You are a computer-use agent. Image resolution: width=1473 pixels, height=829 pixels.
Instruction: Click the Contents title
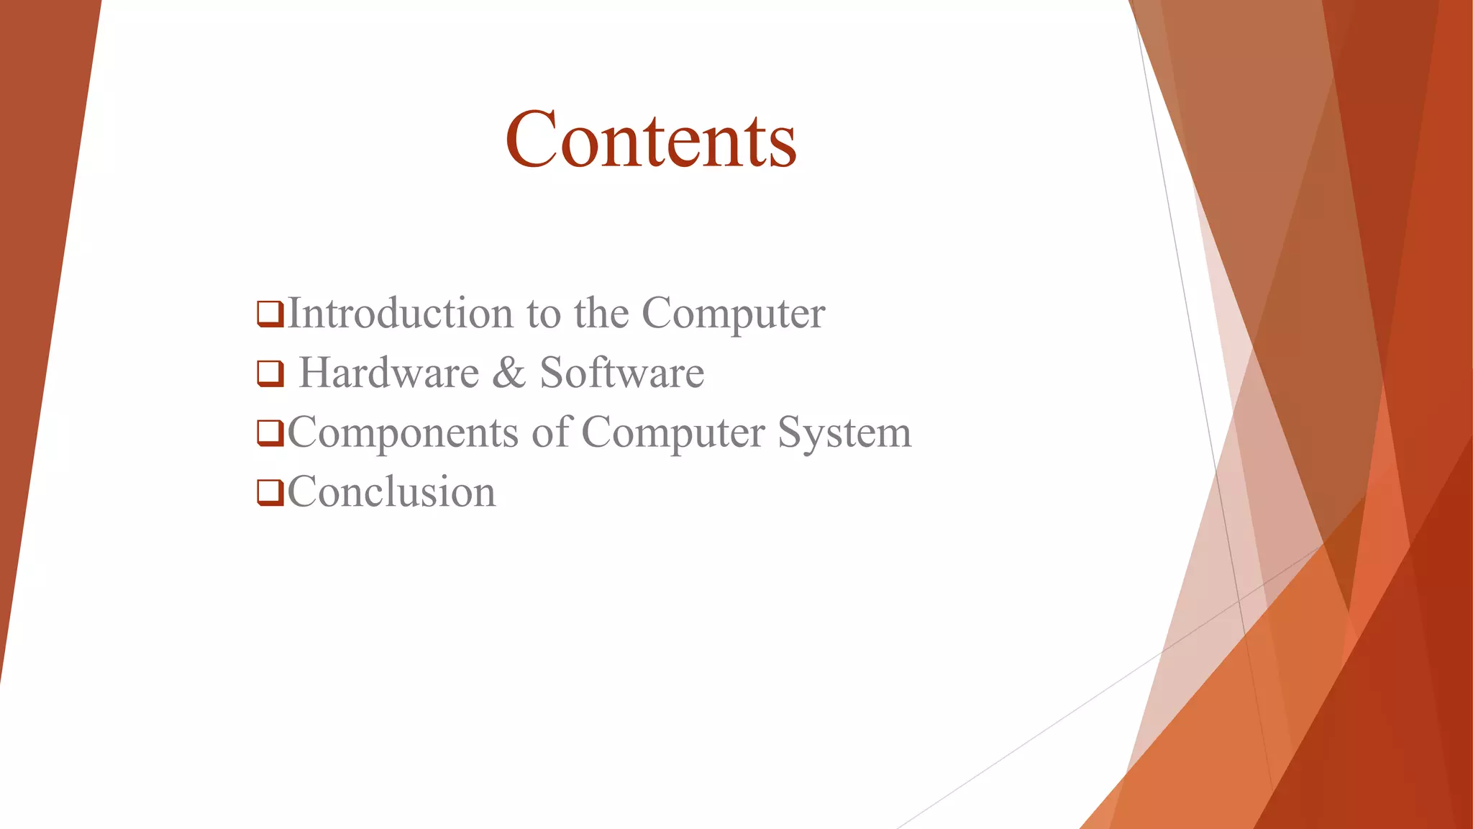pyautogui.click(x=651, y=140)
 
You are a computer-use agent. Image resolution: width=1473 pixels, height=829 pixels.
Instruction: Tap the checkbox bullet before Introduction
pyautogui.click(x=270, y=314)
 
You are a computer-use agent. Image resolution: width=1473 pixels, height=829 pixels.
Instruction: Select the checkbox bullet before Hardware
pyautogui.click(x=270, y=373)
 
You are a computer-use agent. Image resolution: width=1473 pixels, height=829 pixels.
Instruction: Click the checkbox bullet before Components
pyautogui.click(x=270, y=433)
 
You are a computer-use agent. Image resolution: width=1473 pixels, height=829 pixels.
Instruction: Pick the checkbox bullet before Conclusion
pyautogui.click(x=270, y=493)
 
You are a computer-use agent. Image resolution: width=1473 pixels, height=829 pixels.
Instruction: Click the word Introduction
pyautogui.click(x=400, y=313)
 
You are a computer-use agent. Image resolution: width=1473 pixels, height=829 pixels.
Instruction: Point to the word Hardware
pyautogui.click(x=389, y=373)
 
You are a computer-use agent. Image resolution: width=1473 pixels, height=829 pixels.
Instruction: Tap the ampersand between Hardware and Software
pyautogui.click(x=509, y=373)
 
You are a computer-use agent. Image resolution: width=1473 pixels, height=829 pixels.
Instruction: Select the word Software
pyautogui.click(x=621, y=373)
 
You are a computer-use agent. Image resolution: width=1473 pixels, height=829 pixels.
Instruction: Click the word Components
pyautogui.click(x=403, y=433)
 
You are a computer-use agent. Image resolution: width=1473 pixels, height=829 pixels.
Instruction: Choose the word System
pyautogui.click(x=844, y=433)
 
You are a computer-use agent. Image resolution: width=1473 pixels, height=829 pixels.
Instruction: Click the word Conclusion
pyautogui.click(x=392, y=492)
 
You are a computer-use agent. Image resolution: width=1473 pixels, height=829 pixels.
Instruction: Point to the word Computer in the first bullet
pyautogui.click(x=733, y=314)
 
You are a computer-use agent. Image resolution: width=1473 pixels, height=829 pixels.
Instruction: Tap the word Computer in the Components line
pyautogui.click(x=672, y=433)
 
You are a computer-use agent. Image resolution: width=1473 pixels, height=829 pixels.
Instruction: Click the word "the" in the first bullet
pyautogui.click(x=601, y=313)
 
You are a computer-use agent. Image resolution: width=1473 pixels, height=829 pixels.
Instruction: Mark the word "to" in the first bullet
pyautogui.click(x=543, y=314)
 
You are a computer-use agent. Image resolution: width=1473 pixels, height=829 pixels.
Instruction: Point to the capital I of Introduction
pyautogui.click(x=293, y=313)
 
